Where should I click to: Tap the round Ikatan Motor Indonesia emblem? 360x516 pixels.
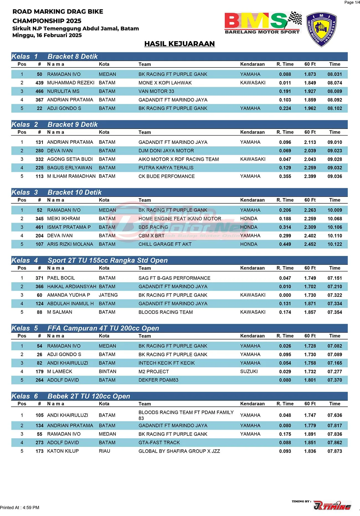pyautogui.click(x=321, y=29)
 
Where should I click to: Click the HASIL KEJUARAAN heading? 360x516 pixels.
pyautogui.click(x=179, y=44)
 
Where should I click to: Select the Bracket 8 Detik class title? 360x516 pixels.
pyautogui.click(x=73, y=56)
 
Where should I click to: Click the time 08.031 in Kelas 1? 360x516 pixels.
pyautogui.click(x=335, y=74)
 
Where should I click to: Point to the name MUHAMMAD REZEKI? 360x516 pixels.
pyautogui.click(x=71, y=83)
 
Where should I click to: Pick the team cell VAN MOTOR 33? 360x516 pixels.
pyautogui.click(x=156, y=91)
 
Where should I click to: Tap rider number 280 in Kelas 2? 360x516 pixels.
pyautogui.click(x=39, y=151)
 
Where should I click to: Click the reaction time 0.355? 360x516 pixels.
pyautogui.click(x=285, y=176)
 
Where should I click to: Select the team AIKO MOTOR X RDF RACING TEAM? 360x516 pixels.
pyautogui.click(x=179, y=159)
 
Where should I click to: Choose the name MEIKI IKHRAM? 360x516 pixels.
pyautogui.click(x=63, y=219)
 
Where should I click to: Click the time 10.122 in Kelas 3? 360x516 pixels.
pyautogui.click(x=335, y=244)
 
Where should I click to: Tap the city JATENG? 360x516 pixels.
pyautogui.click(x=108, y=295)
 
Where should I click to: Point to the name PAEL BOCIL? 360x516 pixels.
pyautogui.click(x=61, y=278)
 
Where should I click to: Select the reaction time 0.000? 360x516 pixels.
pyautogui.click(x=285, y=295)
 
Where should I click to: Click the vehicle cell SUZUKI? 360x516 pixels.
pyautogui.click(x=249, y=372)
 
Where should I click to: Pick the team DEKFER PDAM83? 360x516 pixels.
pyautogui.click(x=158, y=380)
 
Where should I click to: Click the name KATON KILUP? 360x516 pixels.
pyautogui.click(x=63, y=451)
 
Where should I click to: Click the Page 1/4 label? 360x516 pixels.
pyautogui.click(x=352, y=2)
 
